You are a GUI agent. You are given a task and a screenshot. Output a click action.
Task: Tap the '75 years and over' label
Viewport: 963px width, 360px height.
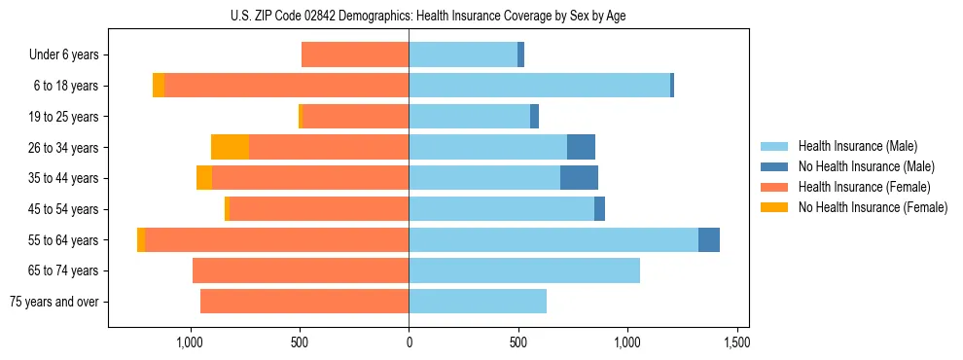54,302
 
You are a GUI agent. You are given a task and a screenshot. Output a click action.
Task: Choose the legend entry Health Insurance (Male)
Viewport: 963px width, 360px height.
857,146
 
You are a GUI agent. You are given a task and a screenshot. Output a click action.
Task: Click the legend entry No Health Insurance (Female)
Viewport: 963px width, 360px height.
873,207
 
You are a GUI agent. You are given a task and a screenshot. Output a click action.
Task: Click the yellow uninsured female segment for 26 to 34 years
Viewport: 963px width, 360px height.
230,147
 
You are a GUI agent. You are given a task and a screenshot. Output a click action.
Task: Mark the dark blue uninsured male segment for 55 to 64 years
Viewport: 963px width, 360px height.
709,239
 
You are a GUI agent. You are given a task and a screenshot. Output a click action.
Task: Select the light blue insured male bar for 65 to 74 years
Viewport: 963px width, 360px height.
524,270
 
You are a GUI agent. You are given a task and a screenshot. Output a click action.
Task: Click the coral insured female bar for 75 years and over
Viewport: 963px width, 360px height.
304,302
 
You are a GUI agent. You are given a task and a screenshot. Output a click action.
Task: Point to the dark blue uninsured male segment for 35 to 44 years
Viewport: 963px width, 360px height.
579,178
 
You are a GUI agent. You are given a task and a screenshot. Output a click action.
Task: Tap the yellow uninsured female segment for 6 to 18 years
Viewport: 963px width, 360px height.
159,86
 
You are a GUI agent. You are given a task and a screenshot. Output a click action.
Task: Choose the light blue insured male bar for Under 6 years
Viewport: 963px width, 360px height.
463,54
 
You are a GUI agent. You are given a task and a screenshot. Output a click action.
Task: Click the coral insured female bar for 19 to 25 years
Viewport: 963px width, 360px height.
355,117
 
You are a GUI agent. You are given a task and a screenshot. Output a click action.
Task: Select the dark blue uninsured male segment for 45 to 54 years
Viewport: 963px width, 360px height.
599,209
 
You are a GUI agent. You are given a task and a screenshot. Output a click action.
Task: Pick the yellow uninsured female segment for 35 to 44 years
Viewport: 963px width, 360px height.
204,178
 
